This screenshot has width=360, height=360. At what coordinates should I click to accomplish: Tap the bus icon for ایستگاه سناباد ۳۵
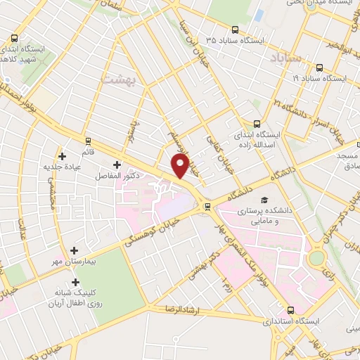pos(235,30)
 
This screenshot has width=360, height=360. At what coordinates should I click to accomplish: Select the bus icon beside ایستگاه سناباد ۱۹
pos(320,68)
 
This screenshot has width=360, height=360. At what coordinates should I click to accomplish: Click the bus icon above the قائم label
pos(88,141)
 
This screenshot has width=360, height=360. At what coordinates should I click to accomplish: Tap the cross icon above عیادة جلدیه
pos(63,155)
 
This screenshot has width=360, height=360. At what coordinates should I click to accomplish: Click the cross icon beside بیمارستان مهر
pos(75,250)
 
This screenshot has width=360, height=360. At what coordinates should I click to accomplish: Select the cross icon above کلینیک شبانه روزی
pos(75,282)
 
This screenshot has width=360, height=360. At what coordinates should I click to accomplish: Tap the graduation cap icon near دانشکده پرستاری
pos(264,200)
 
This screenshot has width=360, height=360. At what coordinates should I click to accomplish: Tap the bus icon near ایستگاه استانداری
pos(291,309)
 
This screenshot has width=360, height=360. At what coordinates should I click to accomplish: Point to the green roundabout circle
pos(317,258)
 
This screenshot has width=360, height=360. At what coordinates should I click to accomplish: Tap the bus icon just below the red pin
pos(207,206)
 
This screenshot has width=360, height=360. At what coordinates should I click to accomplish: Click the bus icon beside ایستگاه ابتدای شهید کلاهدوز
pos(15,39)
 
